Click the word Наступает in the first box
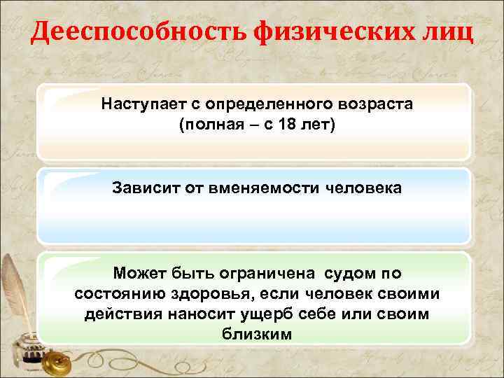139,104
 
